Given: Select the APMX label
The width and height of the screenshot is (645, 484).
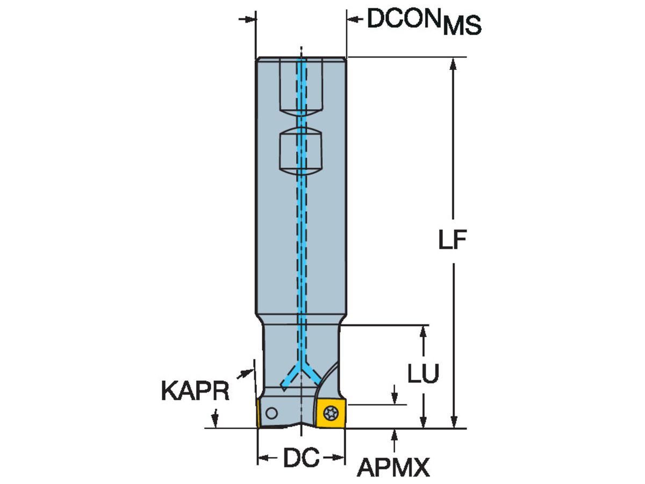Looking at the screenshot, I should coord(393,468).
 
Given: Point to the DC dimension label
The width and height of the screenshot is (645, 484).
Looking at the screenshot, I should coord(301,458).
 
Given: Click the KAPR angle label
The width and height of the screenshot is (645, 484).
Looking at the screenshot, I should coord(195,391).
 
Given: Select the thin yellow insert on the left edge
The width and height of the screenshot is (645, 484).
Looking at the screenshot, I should coord(259,414).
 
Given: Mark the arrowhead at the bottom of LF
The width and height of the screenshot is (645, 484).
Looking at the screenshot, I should coord(453,422).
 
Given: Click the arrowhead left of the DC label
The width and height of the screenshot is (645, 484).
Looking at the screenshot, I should coord(264,458).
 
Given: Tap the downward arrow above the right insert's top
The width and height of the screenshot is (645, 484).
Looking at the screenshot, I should coord(395,398).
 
